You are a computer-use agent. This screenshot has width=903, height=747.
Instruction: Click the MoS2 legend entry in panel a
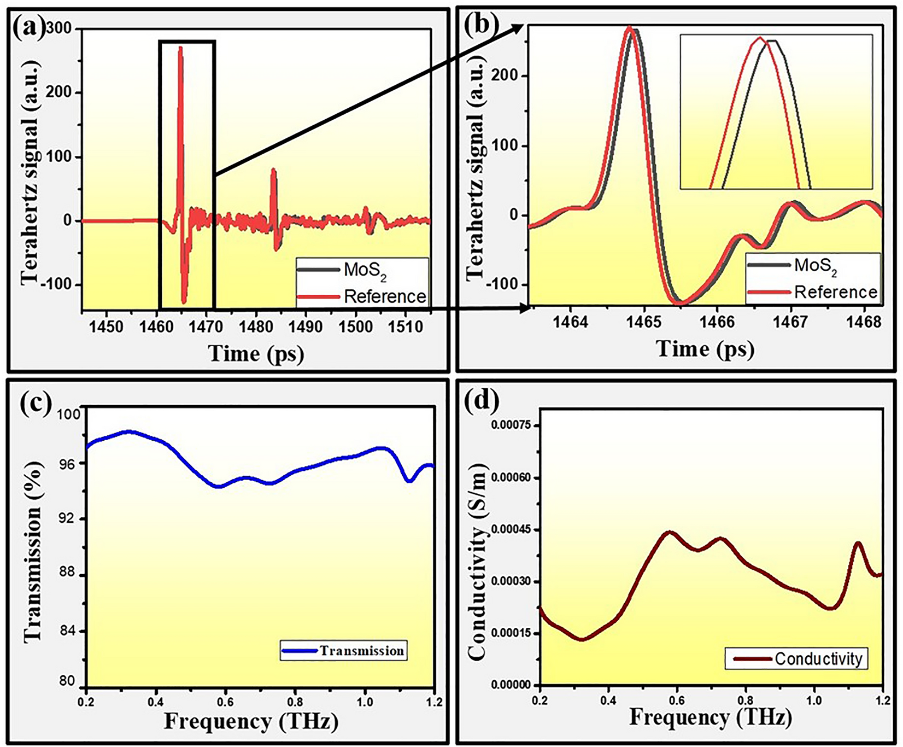coord(364,271)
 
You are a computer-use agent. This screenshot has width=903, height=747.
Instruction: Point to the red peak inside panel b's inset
coord(760,38)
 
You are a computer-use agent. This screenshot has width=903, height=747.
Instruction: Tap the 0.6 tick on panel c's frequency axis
coord(226,702)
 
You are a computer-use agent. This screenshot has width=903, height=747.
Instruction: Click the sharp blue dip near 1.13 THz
coord(409,481)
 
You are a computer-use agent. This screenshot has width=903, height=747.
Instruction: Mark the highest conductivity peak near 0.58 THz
coord(670,532)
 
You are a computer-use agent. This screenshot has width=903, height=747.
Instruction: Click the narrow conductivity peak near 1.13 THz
coord(858,543)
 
